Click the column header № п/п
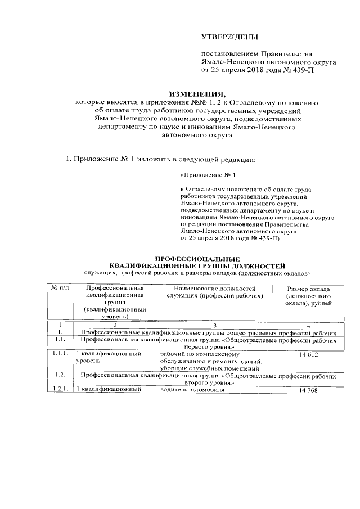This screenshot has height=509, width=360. [60, 289]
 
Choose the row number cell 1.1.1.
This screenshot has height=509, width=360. [60, 354]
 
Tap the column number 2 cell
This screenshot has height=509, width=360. [114, 326]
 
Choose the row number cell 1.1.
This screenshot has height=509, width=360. [60, 340]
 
